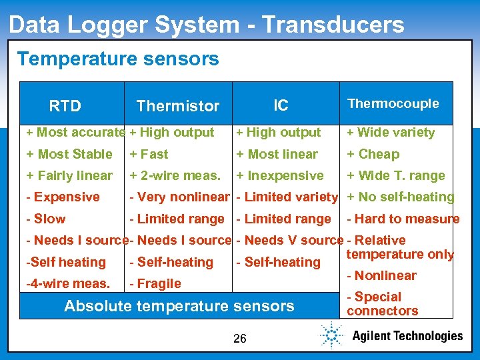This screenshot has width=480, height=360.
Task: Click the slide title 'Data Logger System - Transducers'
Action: pyautogui.click(x=207, y=25)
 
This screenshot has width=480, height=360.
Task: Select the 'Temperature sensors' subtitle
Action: pyautogui.click(x=118, y=59)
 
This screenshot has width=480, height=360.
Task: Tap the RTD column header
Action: pyautogui.click(x=65, y=105)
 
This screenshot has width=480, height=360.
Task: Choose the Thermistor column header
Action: pyautogui.click(x=177, y=105)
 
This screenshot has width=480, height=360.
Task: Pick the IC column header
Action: pyautogui.click(x=281, y=105)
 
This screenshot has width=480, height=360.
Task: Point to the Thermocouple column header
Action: pyautogui.click(x=393, y=103)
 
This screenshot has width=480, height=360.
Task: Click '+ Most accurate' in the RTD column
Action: pyautogui.click(x=75, y=133)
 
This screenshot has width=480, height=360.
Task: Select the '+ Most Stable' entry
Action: pyautogui.click(x=69, y=154)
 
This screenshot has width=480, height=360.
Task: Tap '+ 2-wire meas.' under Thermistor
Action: pyautogui.click(x=175, y=175)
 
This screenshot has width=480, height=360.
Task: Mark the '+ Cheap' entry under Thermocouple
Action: pyautogui.click(x=373, y=154)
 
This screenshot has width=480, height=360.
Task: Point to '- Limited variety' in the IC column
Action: pyautogui.click(x=287, y=197)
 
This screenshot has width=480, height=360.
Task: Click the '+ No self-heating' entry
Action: pyautogui.click(x=400, y=197)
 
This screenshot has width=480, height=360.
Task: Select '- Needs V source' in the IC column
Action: pyautogui.click(x=290, y=240)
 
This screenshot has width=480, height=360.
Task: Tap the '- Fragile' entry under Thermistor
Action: pyautogui.click(x=155, y=283)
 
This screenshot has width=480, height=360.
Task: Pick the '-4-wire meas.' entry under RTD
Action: pyautogui.click(x=68, y=283)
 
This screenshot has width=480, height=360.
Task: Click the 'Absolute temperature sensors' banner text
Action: pyautogui.click(x=179, y=306)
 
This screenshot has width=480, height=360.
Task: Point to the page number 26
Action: pyautogui.click(x=240, y=339)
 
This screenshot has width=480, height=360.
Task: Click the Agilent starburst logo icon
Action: pyautogui.click(x=331, y=335)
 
